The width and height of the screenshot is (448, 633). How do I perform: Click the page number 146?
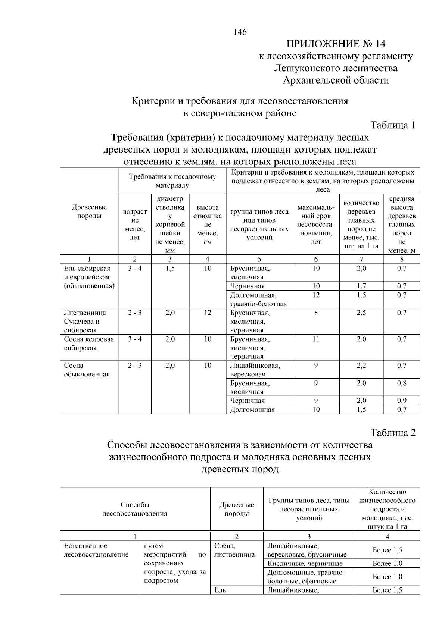[x=240, y=32]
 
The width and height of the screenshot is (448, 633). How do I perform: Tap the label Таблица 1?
[x=393, y=125]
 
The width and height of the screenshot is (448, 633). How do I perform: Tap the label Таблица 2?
[x=393, y=433]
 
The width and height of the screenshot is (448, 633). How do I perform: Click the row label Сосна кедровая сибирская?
[x=89, y=344]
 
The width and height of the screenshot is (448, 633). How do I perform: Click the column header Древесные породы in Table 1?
[x=89, y=211]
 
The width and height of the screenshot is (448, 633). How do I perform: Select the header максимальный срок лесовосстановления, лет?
[x=316, y=224]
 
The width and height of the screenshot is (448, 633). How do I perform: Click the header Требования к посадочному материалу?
[x=172, y=181]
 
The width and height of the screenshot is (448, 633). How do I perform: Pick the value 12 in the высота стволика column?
[x=208, y=313]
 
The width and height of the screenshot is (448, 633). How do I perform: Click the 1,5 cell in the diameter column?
[x=170, y=269]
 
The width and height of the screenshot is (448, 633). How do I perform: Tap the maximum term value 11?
[x=316, y=339]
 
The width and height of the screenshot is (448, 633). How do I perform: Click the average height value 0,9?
[x=402, y=401]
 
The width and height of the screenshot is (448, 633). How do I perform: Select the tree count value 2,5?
[x=361, y=313]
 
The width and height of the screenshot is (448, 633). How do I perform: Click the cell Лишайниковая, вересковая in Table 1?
[x=255, y=370]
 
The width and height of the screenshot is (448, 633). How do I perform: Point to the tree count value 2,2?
[x=361, y=366]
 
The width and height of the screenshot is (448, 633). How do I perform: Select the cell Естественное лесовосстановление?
[x=96, y=550]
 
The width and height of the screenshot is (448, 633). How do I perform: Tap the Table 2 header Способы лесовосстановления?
[x=135, y=509]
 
